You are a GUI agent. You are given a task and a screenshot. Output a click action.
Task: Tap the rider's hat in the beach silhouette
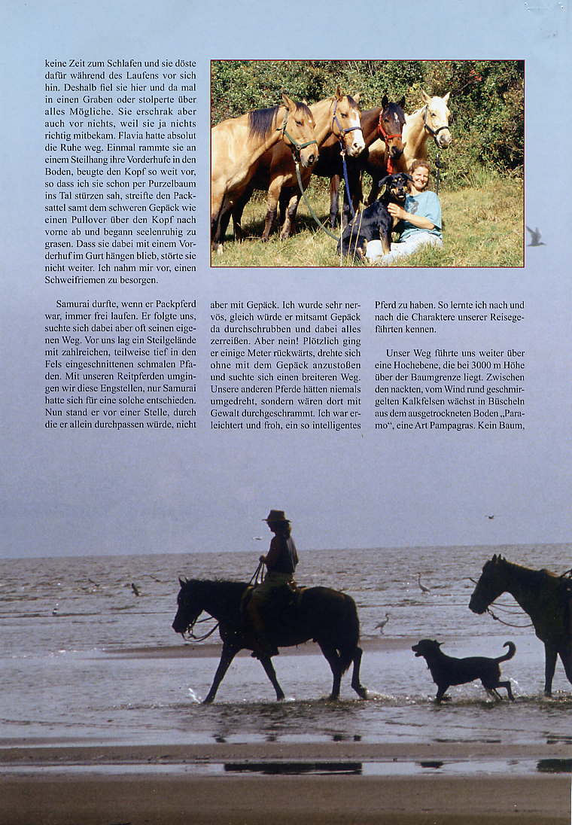tap(276, 516)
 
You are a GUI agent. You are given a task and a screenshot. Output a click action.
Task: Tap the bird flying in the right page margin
tap(534, 236)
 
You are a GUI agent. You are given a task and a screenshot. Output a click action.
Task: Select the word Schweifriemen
tap(80, 280)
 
